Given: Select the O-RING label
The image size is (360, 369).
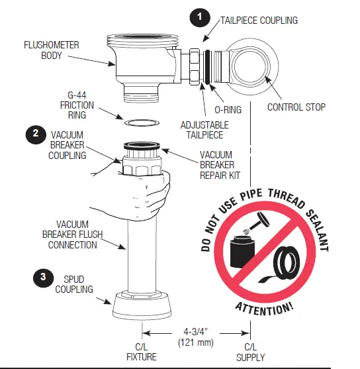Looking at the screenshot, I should click(228, 105).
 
